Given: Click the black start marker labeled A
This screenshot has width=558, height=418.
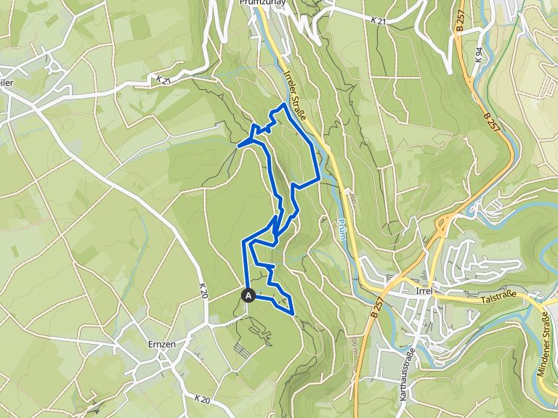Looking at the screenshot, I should coord(248,295).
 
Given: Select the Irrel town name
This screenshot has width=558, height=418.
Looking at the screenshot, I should coord(423,290).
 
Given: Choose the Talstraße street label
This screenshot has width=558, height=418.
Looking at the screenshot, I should coord(502,298).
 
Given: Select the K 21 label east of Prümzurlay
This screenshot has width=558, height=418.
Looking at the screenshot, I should coord(378,22).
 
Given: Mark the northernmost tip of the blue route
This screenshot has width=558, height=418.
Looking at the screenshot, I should coord(282,105).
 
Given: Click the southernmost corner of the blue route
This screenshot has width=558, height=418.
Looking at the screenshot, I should coord(292,313).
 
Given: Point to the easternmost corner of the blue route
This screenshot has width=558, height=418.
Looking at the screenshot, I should coord(320,178).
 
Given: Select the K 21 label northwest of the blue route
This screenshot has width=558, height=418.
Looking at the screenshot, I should coord(162,78).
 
